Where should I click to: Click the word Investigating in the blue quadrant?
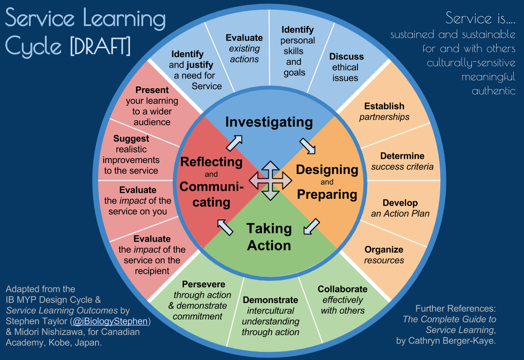click(269, 122)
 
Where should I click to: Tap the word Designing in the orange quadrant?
click(327, 170)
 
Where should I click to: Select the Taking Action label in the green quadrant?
click(269, 237)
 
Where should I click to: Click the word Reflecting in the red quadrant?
click(211, 161)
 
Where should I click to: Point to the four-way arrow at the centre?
click(270, 181)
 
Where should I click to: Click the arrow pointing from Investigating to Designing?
click(307, 145)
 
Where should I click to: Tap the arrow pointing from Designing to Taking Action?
click(311, 227)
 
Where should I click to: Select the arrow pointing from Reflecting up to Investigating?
click(234, 143)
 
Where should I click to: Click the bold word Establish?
click(384, 106)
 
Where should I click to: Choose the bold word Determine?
click(402, 156)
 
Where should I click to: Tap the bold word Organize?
click(384, 249)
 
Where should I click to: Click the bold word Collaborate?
click(342, 289)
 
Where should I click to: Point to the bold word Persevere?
click(204, 284)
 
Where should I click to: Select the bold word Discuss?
click(346, 57)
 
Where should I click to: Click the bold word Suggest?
click(131, 139)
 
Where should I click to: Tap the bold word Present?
click(152, 90)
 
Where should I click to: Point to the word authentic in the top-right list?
click(493, 91)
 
